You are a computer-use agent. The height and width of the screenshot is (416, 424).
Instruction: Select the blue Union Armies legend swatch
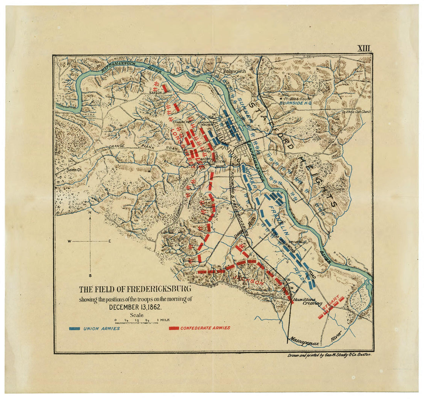point(74,329)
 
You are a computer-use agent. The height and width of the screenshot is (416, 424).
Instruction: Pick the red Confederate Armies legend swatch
point(174,329)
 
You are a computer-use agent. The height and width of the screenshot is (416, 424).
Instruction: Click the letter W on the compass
point(69,241)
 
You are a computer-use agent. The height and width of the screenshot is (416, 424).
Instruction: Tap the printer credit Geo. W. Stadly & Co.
point(330,356)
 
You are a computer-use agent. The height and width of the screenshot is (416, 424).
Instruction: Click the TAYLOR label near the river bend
point(155,92)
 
